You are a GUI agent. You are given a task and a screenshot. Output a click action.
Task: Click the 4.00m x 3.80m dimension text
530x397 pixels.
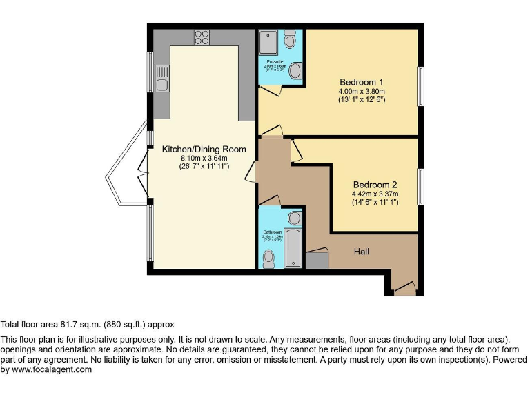pos(361,91)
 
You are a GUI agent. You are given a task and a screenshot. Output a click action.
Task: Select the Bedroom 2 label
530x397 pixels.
pos(375,185)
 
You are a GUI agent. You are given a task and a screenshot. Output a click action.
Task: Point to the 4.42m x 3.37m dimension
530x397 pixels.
pos(375,194)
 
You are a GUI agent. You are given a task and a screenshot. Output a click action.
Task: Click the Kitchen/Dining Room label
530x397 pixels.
pos(204,149)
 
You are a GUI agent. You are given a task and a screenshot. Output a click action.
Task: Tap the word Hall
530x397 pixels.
pos(362,252)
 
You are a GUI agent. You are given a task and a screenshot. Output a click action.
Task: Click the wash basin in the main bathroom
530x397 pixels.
pos(294,218)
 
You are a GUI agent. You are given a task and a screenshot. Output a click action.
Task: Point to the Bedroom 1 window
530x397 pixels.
pos(420,86)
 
